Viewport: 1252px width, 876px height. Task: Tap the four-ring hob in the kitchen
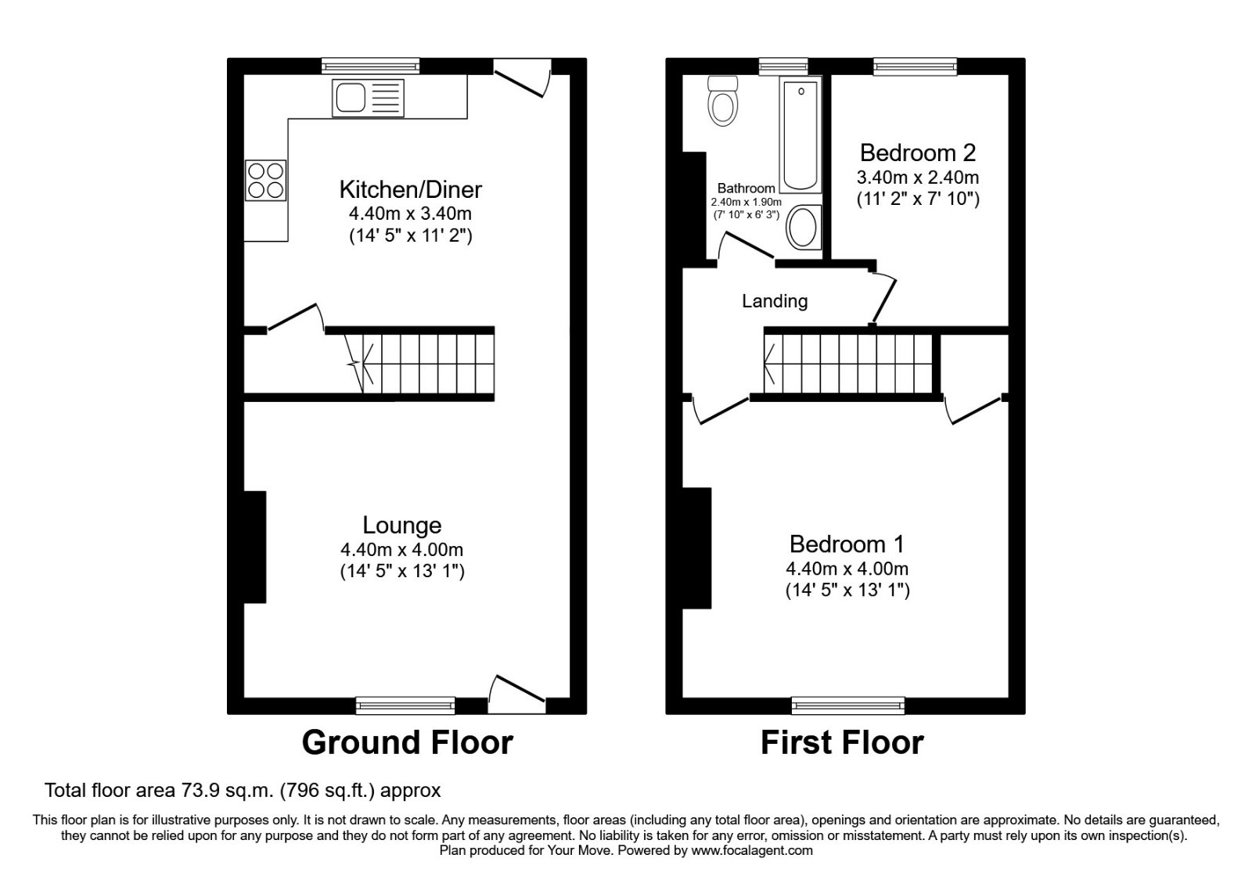tap(266, 179)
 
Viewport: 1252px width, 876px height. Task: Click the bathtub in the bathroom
tap(800, 134)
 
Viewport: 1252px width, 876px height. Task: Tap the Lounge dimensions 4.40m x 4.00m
tap(402, 550)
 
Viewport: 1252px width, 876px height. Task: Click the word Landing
tap(775, 301)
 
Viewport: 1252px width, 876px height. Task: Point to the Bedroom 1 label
tap(847, 544)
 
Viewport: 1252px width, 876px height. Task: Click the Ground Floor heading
tap(407, 742)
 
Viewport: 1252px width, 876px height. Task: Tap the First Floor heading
tap(842, 742)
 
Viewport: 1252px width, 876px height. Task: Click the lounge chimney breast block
tap(255, 547)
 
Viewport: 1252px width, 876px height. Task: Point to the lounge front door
tap(516, 693)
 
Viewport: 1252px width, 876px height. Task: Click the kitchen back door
tap(522, 78)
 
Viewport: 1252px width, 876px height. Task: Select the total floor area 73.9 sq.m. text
tap(243, 791)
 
